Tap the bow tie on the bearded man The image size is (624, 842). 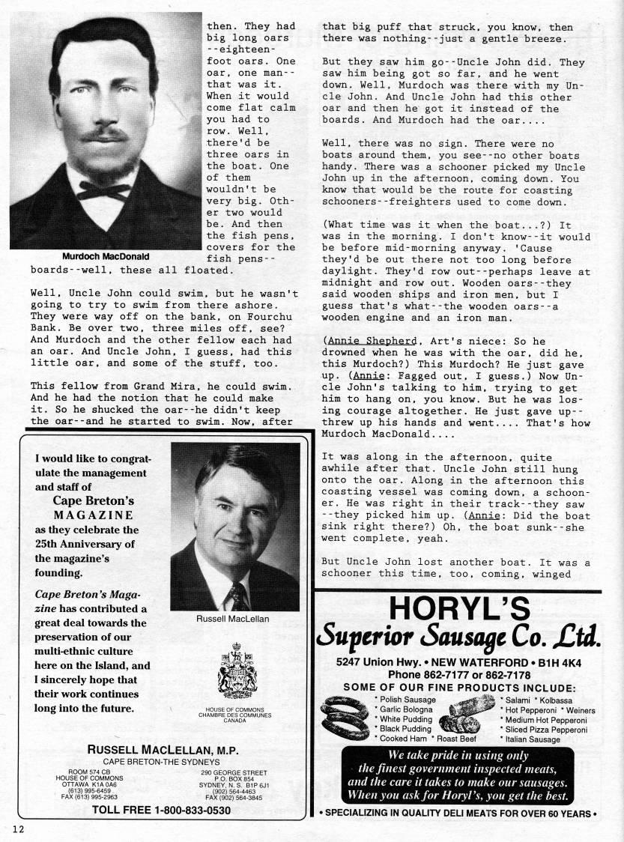click(x=103, y=190)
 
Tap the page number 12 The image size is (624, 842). click(x=18, y=828)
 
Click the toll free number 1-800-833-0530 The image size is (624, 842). click(x=161, y=810)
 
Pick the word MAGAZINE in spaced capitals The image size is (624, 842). click(x=94, y=515)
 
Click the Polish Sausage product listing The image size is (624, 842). click(x=405, y=699)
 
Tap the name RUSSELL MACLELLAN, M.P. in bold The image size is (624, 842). click(x=162, y=749)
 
